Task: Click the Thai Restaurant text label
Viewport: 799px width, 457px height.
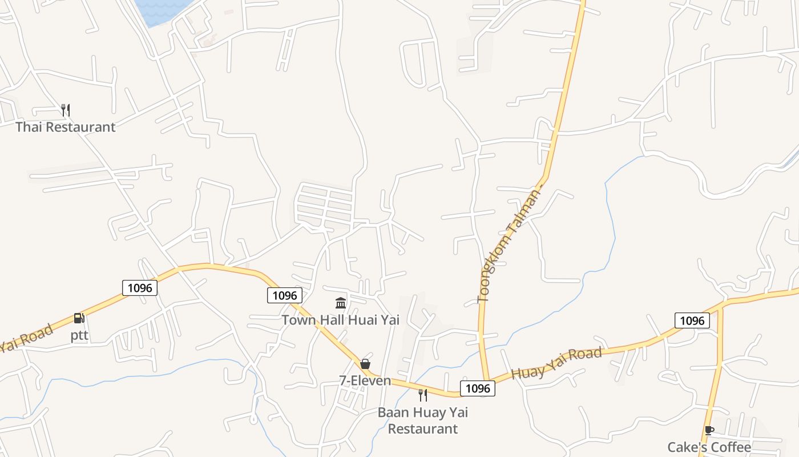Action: pyautogui.click(x=65, y=127)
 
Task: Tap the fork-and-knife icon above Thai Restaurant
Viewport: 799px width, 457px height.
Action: pyautogui.click(x=66, y=110)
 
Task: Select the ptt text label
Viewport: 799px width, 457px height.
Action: pyautogui.click(x=79, y=335)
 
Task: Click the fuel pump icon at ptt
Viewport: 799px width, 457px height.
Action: pyautogui.click(x=79, y=318)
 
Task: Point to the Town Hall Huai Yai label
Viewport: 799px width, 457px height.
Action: pyautogui.click(x=340, y=320)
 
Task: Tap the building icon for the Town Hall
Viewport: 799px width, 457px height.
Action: pyautogui.click(x=341, y=303)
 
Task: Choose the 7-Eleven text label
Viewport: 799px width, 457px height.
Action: pyautogui.click(x=365, y=380)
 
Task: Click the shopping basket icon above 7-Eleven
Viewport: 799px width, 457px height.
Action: pyautogui.click(x=365, y=364)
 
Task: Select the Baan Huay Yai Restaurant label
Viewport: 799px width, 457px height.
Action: pyautogui.click(x=423, y=420)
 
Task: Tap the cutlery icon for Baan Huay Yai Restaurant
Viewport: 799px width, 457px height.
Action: pyautogui.click(x=423, y=395)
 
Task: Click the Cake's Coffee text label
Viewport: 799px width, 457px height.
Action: pyautogui.click(x=709, y=447)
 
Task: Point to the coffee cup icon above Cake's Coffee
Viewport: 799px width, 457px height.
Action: pyautogui.click(x=709, y=430)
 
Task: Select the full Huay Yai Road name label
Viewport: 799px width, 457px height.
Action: pyautogui.click(x=556, y=364)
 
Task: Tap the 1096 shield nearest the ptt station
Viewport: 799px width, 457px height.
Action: pyautogui.click(x=140, y=287)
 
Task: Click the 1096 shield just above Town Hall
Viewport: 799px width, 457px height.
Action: pyautogui.click(x=285, y=295)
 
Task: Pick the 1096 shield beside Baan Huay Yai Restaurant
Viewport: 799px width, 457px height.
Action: pyautogui.click(x=478, y=388)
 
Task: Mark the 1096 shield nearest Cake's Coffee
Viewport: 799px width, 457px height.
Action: pyautogui.click(x=692, y=320)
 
